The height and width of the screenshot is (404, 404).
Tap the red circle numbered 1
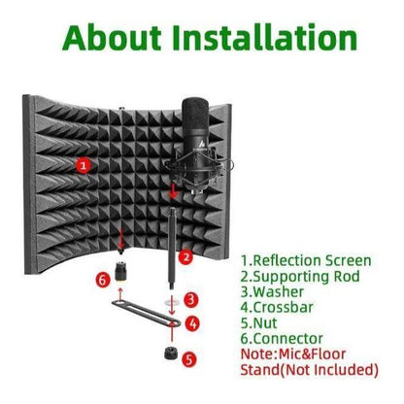[84, 166]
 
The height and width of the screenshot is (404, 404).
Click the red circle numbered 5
[189, 358]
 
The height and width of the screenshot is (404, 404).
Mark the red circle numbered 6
[104, 281]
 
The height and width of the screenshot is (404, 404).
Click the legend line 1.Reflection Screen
[306, 261]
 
